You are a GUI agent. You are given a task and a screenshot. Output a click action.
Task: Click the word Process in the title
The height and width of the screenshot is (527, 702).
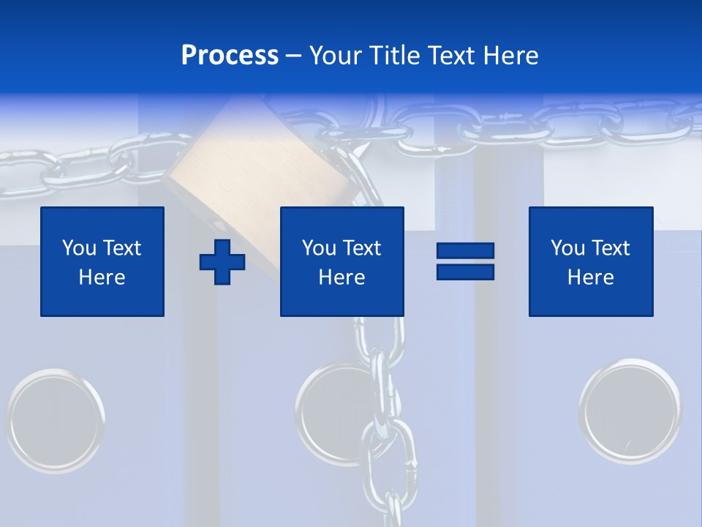tap(230, 56)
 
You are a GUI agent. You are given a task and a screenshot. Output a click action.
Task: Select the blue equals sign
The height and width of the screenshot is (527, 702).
tap(465, 261)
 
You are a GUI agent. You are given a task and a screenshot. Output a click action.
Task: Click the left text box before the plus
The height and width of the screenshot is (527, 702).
tap(102, 261)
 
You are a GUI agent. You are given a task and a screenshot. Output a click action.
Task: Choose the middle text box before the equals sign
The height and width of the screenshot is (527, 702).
tap(341, 261)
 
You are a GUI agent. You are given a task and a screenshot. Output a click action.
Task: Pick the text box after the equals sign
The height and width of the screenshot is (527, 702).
tap(591, 261)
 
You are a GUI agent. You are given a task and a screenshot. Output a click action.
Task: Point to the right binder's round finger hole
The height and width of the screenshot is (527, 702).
tap(630, 410)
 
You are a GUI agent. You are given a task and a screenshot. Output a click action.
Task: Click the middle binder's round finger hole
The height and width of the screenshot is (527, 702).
tap(333, 414)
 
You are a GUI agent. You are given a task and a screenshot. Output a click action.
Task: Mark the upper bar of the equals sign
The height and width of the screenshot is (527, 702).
tap(465, 251)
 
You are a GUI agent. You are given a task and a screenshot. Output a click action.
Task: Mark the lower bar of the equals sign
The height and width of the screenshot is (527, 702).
tap(465, 272)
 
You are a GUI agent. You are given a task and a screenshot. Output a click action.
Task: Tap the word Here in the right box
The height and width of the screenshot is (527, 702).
tap(591, 277)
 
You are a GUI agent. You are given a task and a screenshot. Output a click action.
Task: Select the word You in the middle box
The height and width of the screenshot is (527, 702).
tap(319, 248)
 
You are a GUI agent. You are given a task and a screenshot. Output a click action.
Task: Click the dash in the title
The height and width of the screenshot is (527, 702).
tap(293, 56)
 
